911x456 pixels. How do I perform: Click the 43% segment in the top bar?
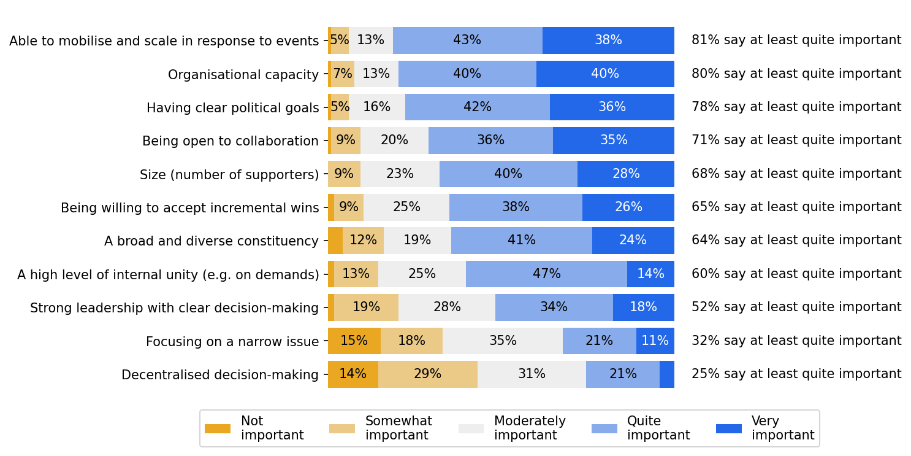467,41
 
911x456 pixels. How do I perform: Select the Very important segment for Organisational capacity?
605,74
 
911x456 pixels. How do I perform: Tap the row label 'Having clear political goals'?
232,108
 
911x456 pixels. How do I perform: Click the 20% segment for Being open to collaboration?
394,141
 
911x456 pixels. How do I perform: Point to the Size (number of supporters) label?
229,175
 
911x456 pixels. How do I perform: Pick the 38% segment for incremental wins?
516,207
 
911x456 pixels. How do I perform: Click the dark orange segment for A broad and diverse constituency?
335,241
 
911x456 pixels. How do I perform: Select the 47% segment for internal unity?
546,274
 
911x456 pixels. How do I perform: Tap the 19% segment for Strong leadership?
366,307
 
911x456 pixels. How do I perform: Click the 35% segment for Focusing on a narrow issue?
503,341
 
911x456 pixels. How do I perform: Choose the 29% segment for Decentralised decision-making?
427,374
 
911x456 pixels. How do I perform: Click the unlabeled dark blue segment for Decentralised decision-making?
666,374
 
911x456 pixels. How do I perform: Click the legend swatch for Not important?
218,429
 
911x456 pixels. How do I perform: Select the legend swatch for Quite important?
604,429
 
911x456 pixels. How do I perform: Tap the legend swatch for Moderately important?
471,429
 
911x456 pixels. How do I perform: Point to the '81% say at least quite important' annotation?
796,41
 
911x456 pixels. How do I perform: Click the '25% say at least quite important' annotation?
796,374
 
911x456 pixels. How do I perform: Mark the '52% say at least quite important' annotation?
796,307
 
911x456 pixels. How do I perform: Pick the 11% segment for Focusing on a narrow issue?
655,341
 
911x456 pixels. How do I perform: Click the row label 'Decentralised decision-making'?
220,375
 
